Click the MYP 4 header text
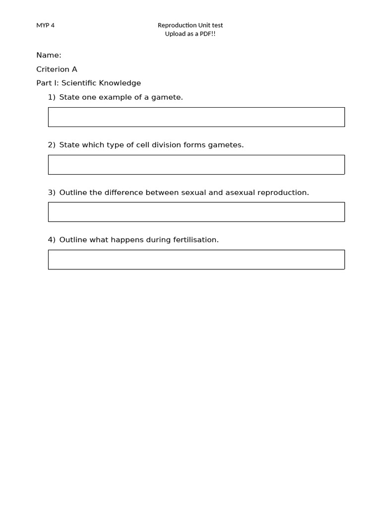(x=45, y=25)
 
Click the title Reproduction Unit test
(x=190, y=25)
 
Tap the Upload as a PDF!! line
(x=190, y=34)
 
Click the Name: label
(x=49, y=55)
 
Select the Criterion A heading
(x=57, y=69)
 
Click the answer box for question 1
(x=196, y=117)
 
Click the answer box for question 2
(x=196, y=165)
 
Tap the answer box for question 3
(x=196, y=212)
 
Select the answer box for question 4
(x=196, y=259)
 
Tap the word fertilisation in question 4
(x=195, y=240)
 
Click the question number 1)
(x=52, y=97)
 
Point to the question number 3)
(x=52, y=192)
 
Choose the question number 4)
(x=52, y=240)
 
